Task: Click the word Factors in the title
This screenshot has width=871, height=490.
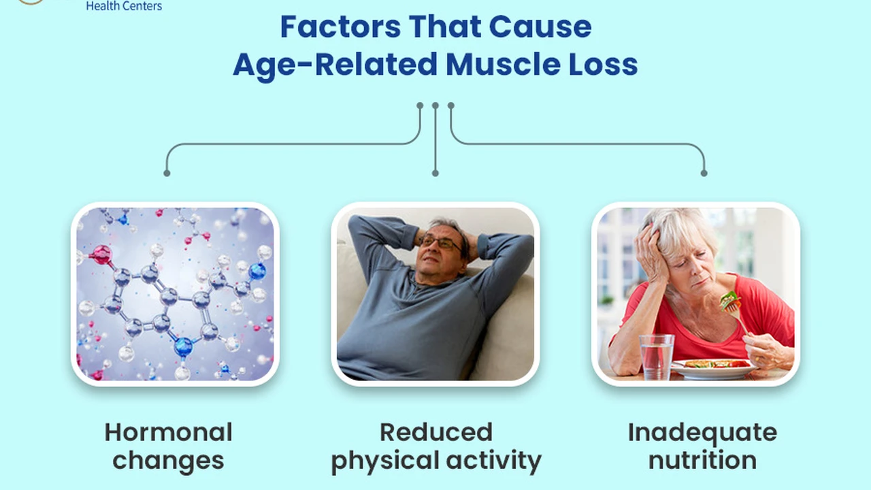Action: click(340, 27)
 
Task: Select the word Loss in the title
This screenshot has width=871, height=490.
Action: click(603, 64)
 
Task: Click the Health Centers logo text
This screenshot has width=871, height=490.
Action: click(124, 6)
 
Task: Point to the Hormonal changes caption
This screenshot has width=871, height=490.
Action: click(168, 446)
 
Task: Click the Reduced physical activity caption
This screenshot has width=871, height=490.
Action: click(436, 447)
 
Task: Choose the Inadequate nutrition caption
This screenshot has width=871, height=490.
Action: click(702, 446)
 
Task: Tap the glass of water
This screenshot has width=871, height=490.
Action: click(657, 357)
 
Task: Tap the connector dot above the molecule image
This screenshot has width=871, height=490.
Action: click(167, 173)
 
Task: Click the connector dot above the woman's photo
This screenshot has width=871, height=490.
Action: click(704, 173)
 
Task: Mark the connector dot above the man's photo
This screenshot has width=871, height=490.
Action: click(435, 173)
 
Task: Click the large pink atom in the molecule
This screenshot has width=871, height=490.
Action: click(102, 255)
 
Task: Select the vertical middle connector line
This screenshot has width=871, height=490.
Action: click(435, 140)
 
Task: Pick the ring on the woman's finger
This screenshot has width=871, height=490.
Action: click(757, 358)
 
